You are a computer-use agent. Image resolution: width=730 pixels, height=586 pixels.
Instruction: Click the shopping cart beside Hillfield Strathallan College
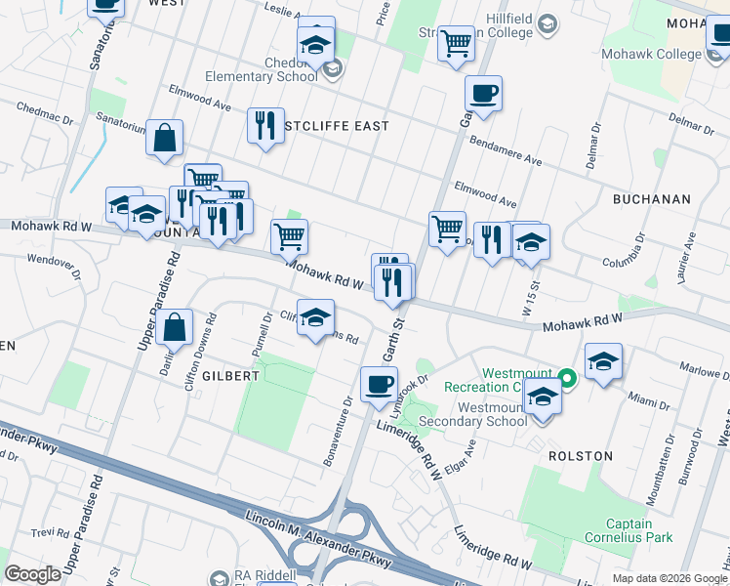tap(456, 43)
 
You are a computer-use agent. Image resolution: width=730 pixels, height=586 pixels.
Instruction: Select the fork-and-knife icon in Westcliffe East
tap(265, 125)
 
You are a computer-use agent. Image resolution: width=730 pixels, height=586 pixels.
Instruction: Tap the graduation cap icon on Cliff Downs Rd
tap(315, 318)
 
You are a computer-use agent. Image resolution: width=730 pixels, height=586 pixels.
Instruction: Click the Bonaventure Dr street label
tap(337, 430)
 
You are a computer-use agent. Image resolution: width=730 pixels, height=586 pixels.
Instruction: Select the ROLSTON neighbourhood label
tap(580, 456)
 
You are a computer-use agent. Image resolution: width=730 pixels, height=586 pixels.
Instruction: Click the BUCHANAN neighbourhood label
tap(651, 199)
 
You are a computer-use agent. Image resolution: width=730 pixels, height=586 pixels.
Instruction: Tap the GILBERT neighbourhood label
tap(230, 375)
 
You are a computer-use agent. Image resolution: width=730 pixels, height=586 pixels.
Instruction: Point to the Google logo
tap(32, 574)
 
